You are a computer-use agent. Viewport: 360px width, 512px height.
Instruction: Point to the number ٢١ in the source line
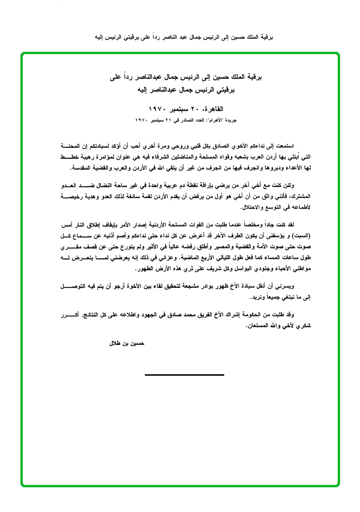coord(166,121)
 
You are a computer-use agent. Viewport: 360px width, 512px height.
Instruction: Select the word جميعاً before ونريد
coord(263,298)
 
